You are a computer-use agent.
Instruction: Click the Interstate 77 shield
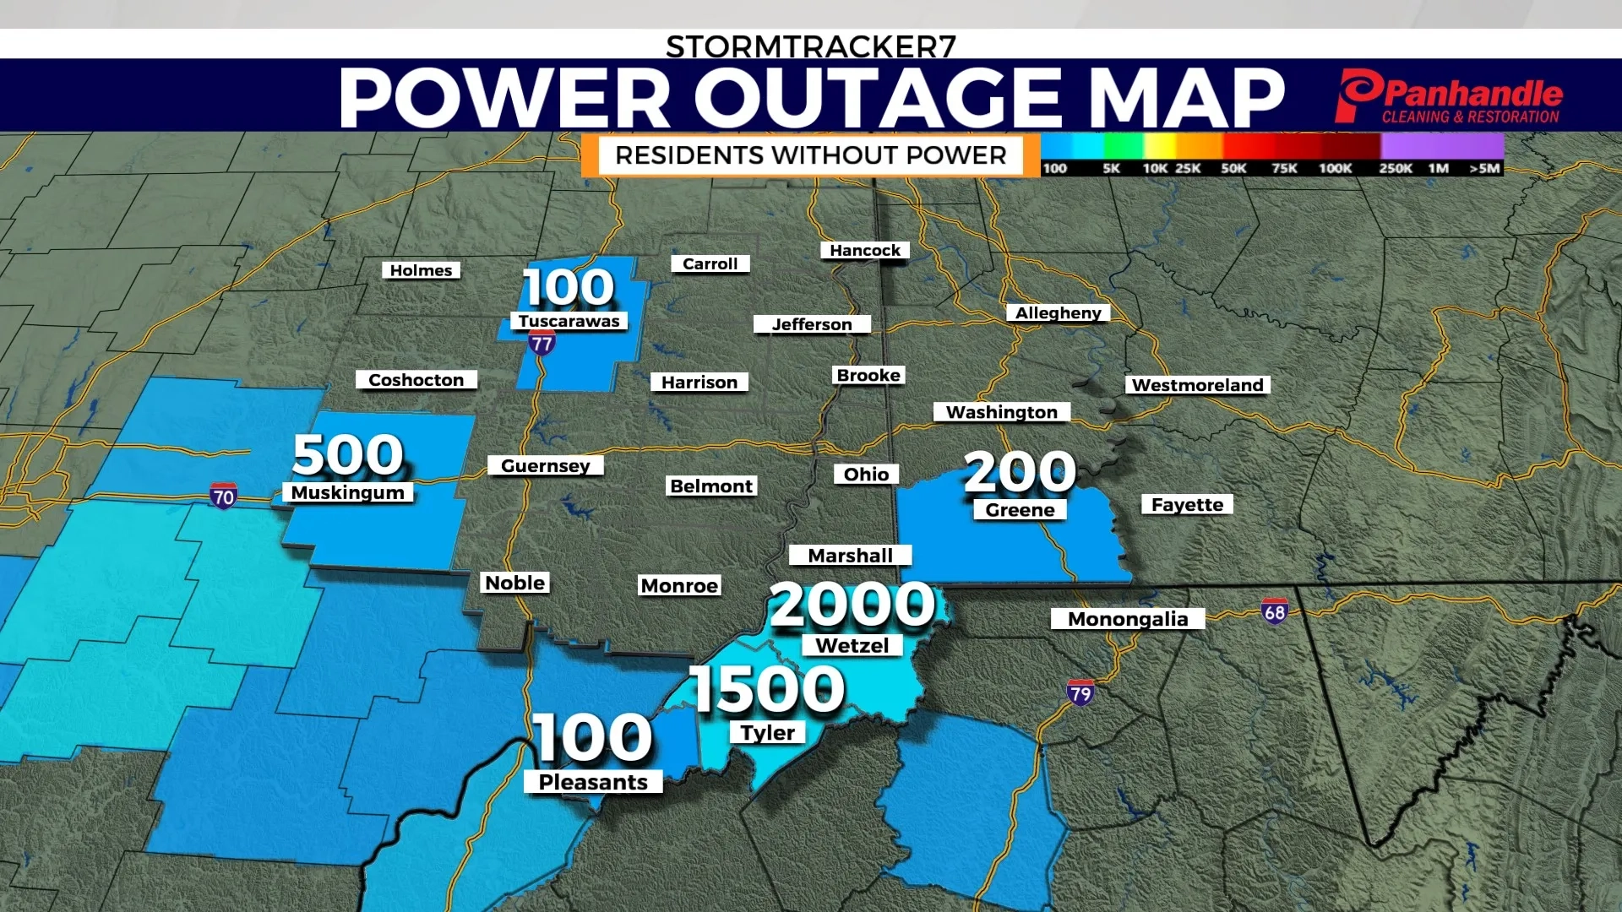click(542, 342)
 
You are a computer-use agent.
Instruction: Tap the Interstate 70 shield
click(223, 497)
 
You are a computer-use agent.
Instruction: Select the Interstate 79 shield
click(1080, 693)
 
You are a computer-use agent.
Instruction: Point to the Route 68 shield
click(1274, 611)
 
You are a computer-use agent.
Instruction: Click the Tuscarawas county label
click(569, 321)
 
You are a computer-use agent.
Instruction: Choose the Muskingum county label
click(348, 492)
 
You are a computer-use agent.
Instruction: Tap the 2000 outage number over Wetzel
click(852, 605)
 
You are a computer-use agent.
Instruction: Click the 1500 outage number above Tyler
click(767, 689)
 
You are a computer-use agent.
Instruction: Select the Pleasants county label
click(593, 782)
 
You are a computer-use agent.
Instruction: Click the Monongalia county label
click(1127, 619)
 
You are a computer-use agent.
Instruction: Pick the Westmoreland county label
click(1197, 385)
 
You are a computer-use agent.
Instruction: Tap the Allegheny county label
click(1058, 312)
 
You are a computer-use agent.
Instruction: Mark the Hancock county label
click(864, 250)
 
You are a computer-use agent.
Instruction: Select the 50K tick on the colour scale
click(1233, 168)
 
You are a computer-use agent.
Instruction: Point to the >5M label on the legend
click(1484, 168)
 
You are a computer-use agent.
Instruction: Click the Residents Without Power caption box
click(810, 155)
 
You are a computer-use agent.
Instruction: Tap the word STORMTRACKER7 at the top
click(810, 46)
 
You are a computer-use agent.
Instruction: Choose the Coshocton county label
click(416, 380)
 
